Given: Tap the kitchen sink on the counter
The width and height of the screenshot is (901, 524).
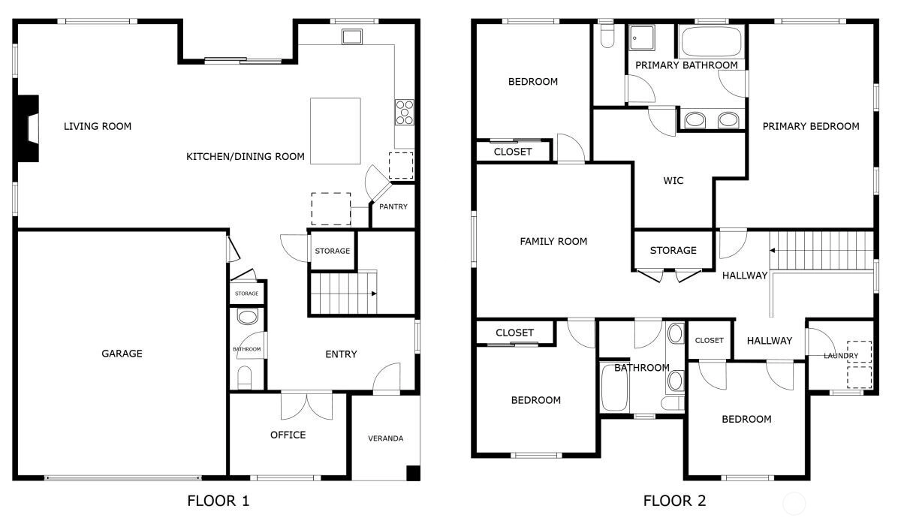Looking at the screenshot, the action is pos(352,37).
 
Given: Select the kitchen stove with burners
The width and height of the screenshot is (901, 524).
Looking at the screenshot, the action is pos(404,112).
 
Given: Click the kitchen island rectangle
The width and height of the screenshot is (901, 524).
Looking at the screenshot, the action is pos(335,131).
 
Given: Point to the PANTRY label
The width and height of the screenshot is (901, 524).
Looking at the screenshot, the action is pos(393,206).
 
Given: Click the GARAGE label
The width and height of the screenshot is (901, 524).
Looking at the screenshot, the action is pos(122,354).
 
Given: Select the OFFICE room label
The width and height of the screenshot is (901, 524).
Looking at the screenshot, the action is pos(288,435).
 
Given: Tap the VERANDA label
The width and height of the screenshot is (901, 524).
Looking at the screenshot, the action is pos(385,438).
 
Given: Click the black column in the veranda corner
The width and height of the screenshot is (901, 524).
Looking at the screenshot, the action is pos(413,473).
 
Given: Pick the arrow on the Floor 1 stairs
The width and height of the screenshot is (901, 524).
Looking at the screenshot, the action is pos(374,294).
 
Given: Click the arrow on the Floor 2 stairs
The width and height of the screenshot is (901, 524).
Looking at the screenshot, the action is pos(773,250).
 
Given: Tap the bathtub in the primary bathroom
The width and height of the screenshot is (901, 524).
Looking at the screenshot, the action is pos(712,41).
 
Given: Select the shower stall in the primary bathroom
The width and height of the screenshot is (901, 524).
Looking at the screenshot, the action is pos(642,38).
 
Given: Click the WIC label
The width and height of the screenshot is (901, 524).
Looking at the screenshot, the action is pos(673,181).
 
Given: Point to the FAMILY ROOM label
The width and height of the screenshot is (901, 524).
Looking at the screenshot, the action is pos(553,241).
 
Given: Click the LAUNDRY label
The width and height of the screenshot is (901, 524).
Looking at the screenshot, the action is pos(841,356).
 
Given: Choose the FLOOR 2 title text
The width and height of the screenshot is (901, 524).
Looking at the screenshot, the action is pos(674,501).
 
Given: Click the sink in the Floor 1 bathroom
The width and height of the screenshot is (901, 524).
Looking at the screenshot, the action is pos(247,317).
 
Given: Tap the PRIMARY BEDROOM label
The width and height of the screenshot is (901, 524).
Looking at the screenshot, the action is pos(811,126).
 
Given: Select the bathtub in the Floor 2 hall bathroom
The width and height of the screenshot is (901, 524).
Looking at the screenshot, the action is pos(614,387).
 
